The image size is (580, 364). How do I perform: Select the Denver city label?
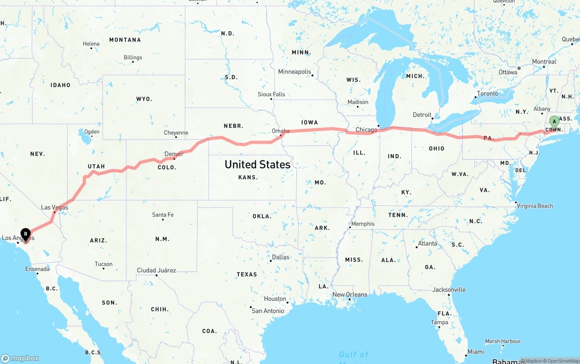coord(174,154)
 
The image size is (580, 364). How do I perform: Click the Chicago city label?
coord(366,130)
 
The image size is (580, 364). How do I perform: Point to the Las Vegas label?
coord(54,208)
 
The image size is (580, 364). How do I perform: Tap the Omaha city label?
coord(280,131)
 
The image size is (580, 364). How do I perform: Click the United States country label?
coord(257,165)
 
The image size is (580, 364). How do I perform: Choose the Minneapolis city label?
coord(295,72)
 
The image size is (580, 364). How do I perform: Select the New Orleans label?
coord(350,295)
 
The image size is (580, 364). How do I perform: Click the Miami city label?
coord(476,352)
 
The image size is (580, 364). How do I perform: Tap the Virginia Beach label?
coord(535,206)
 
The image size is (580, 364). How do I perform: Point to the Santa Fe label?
coord(163,215)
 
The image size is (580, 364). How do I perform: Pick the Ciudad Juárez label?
coord(156,271)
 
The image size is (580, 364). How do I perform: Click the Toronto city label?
coord(487,94)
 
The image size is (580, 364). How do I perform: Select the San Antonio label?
coord(268,311)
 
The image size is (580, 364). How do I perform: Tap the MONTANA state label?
coord(125,40)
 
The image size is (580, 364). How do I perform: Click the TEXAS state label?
coord(246,274)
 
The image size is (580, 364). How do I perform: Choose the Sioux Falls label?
coord(271,94)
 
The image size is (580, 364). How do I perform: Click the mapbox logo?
coord(20,358)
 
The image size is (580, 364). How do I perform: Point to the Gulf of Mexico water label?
coord(353,355)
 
